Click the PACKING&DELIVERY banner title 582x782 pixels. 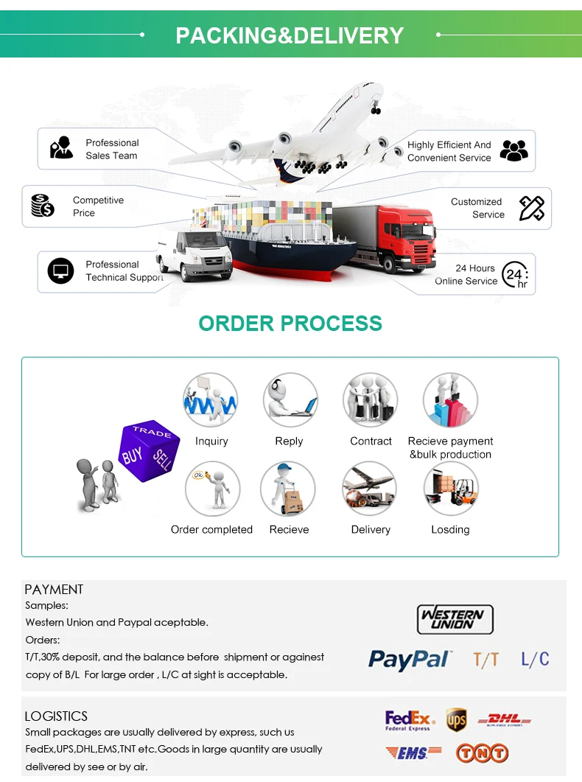click(290, 35)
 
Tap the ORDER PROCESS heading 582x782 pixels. click(290, 323)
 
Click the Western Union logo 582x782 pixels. click(455, 619)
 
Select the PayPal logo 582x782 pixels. click(410, 659)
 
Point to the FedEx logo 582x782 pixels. click(407, 719)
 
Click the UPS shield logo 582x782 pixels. click(456, 719)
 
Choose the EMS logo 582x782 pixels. click(413, 753)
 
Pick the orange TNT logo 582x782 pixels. click(482, 753)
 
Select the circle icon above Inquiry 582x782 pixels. click(211, 400)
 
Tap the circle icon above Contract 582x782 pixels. click(370, 400)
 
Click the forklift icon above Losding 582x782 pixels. click(450, 489)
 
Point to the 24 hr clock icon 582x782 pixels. click(515, 275)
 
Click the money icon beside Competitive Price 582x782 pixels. click(43, 205)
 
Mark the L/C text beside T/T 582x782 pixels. click(535, 659)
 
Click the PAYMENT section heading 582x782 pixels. click(54, 589)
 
